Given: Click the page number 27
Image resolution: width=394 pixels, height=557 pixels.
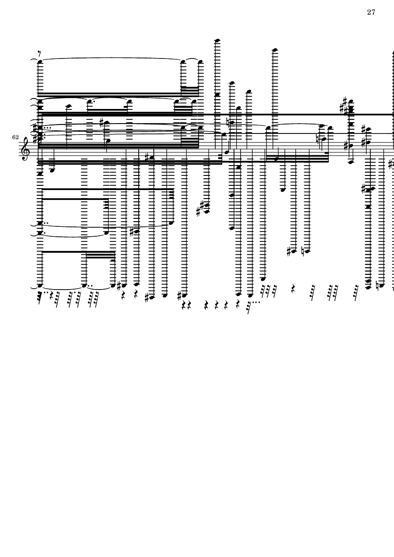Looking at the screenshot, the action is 371,12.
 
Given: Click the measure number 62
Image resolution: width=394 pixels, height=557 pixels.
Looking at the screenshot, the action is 15,137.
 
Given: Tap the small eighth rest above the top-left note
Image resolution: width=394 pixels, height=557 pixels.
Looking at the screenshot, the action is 40,54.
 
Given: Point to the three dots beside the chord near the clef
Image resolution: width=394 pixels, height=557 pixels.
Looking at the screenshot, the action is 47,128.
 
